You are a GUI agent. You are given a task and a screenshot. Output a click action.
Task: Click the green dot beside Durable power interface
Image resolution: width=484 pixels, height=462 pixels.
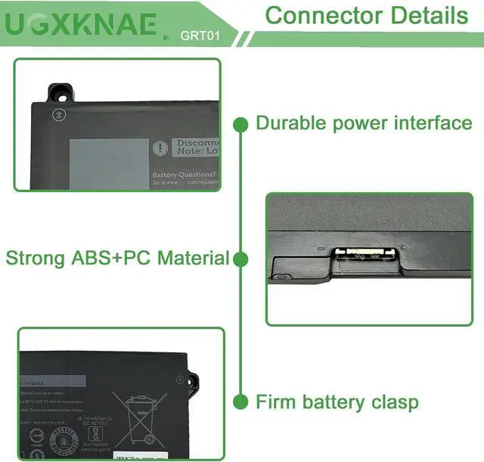point(241,123)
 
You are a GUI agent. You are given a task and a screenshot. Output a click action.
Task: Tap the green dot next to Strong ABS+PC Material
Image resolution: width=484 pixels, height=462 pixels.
point(241,259)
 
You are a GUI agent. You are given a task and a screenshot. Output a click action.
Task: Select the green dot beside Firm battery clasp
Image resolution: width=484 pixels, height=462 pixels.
point(241,401)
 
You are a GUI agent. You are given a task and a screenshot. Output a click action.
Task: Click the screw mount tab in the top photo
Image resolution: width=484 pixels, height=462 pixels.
point(60,93)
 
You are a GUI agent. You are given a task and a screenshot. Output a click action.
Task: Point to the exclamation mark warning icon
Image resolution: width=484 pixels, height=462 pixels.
point(160,148)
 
